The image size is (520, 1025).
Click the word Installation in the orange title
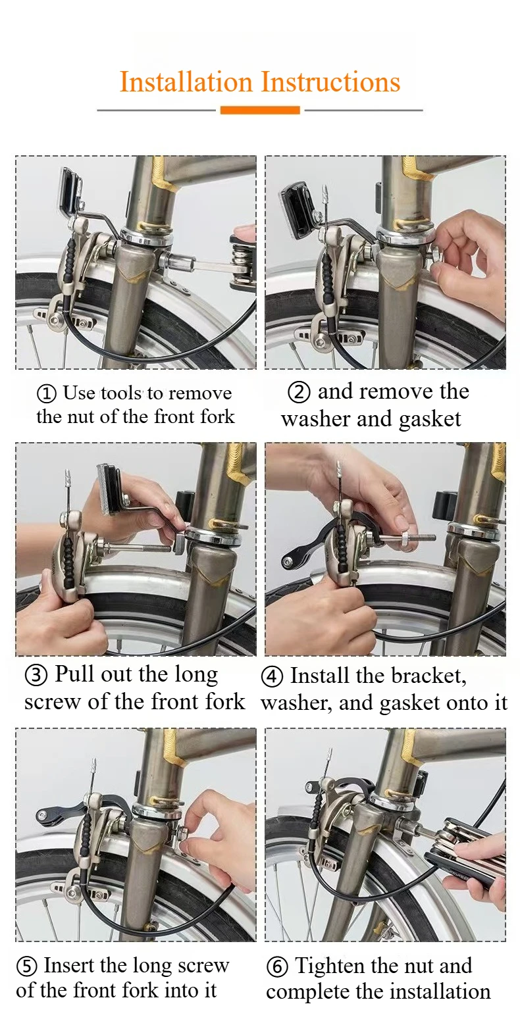click(x=186, y=83)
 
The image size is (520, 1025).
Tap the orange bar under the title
click(x=260, y=111)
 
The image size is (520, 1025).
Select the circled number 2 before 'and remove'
click(x=299, y=393)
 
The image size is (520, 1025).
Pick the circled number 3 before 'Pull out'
click(x=36, y=676)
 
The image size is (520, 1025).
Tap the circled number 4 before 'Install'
click(x=272, y=677)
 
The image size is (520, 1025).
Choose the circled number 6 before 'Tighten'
click(x=277, y=967)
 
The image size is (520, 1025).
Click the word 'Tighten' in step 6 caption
click(x=330, y=966)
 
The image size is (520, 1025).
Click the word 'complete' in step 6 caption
click(x=306, y=992)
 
